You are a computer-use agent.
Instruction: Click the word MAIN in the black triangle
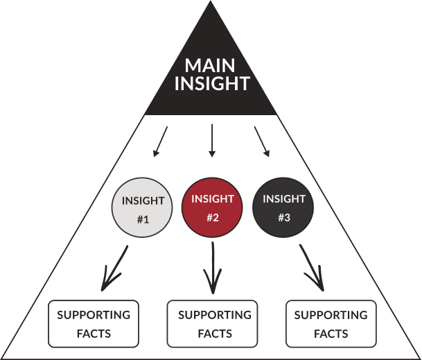tap(210, 65)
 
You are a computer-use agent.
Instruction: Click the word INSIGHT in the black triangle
tap(212, 83)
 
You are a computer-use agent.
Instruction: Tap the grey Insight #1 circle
tap(142, 207)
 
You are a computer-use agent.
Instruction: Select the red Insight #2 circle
tap(212, 207)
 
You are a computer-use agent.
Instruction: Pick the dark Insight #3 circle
tap(283, 207)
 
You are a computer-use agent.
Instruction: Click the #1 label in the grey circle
tap(143, 220)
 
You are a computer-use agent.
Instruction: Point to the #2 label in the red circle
tap(213, 217)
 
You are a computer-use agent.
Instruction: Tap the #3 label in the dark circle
tap(284, 217)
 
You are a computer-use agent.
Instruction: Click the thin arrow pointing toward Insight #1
tap(160, 142)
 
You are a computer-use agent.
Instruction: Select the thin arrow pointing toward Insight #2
tap(212, 140)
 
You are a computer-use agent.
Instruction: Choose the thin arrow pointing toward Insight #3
tap(262, 142)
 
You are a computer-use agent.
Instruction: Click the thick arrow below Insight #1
tap(114, 268)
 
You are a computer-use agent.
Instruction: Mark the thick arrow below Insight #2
tap(213, 268)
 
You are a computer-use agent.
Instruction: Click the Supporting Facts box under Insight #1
tap(94, 324)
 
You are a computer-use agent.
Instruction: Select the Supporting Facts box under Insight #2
tap(212, 324)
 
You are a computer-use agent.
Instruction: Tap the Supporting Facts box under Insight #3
tap(331, 324)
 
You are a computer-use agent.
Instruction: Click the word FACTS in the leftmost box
tap(94, 334)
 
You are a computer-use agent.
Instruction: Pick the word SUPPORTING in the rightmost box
tap(331, 315)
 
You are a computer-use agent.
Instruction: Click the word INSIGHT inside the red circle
tap(213, 199)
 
